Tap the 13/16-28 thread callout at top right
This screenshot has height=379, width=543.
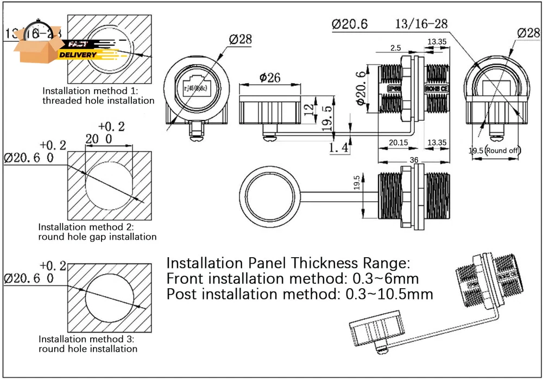coord(421,23)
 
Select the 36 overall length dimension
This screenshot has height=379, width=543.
coord(414,160)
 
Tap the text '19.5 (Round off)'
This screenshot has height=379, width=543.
coord(495,150)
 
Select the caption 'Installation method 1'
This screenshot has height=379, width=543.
coord(90,91)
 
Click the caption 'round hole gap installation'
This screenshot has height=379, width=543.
coord(97,237)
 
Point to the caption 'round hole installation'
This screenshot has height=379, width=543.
coord(88,349)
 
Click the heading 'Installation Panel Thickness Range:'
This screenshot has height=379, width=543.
coord(288,263)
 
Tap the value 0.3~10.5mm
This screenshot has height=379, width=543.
coord(389,295)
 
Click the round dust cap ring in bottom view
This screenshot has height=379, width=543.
coord(270,193)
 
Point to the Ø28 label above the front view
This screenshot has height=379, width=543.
coord(240,39)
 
